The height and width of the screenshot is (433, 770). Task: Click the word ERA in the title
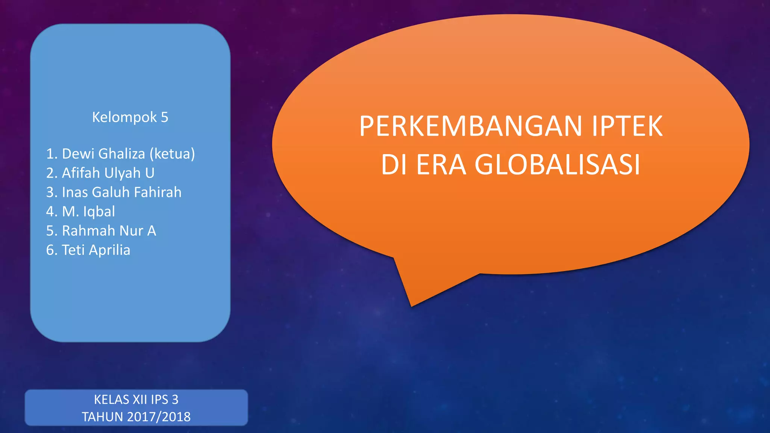click(x=441, y=165)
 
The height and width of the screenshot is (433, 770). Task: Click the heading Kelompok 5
click(x=130, y=117)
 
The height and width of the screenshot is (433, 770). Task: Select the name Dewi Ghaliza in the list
click(x=103, y=154)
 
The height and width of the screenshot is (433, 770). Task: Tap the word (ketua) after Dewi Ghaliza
click(x=172, y=154)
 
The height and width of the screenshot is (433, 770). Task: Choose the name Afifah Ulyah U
click(x=108, y=173)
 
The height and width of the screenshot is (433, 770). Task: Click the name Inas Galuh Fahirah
click(x=121, y=192)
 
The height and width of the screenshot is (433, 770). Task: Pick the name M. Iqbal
click(x=88, y=212)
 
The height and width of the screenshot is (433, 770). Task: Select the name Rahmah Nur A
click(x=109, y=231)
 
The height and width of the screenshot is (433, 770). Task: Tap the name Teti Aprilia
click(x=96, y=250)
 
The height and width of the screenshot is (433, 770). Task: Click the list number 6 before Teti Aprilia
click(x=50, y=250)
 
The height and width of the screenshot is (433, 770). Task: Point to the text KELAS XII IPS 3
click(x=136, y=400)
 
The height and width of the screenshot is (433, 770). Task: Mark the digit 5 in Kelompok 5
click(x=164, y=117)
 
